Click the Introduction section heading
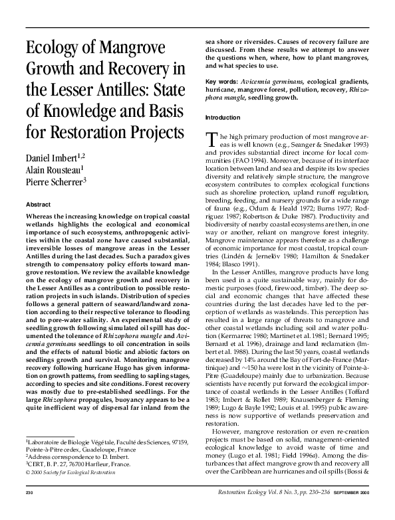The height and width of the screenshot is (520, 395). point(224,117)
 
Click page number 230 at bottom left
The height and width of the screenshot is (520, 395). point(29,511)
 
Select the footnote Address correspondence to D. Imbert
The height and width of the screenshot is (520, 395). point(71,458)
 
